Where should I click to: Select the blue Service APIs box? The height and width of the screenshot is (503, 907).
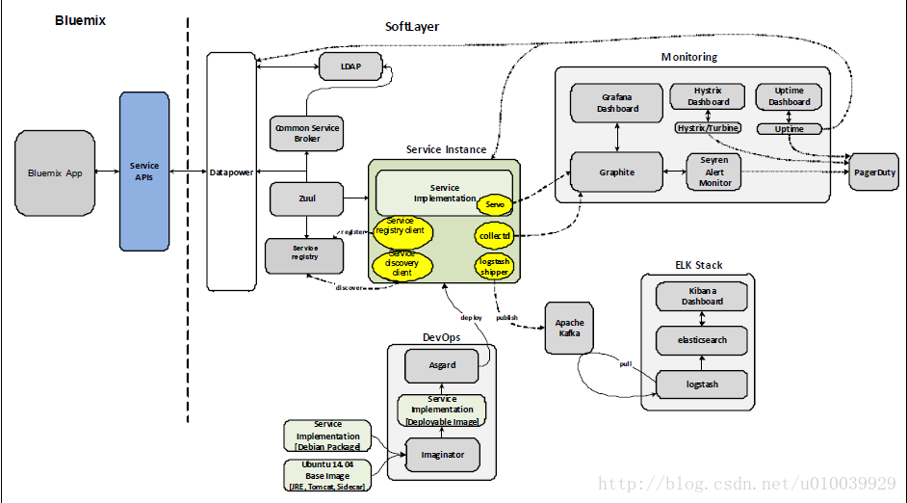[144, 172]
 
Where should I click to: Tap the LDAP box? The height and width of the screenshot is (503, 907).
[349, 66]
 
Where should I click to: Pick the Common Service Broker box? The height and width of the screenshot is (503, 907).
[307, 133]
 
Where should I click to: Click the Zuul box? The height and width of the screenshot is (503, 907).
[307, 199]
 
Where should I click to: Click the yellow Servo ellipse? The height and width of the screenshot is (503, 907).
[495, 203]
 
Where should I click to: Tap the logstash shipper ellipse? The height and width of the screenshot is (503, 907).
[495, 266]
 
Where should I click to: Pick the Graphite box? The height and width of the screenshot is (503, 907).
[617, 172]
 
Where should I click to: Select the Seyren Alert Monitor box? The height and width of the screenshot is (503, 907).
[714, 172]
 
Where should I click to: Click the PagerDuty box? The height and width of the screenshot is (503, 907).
[874, 172]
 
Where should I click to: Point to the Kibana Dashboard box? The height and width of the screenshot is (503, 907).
[703, 296]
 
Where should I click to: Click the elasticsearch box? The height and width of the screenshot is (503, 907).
[702, 340]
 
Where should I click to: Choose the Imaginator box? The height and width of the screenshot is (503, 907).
[443, 454]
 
